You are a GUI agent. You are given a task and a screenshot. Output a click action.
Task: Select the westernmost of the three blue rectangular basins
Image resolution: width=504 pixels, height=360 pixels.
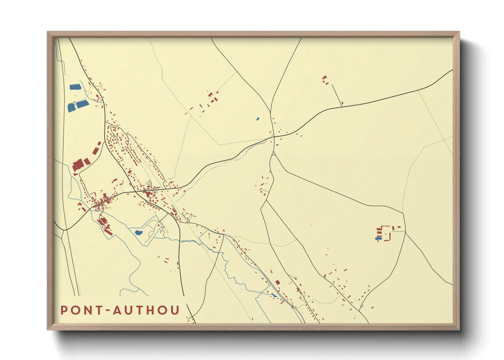point(71,108)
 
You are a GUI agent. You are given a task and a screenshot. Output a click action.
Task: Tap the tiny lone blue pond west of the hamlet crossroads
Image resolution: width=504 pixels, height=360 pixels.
point(257,119)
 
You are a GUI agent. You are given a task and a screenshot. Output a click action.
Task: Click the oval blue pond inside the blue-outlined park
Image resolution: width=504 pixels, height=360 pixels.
point(138,233)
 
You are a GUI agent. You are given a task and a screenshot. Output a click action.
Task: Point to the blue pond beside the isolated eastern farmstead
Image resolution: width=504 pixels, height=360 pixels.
point(377,239)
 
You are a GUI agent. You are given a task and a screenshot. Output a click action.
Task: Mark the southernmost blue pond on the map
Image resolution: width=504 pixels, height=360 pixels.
point(274,295)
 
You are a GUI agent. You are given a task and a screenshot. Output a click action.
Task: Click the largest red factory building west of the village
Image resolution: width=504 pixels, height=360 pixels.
point(78,165)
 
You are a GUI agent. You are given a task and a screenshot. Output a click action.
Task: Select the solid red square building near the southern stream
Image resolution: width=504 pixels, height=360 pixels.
point(278,282)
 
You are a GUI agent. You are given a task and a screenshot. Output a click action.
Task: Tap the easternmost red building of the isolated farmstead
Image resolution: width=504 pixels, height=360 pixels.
point(399,227)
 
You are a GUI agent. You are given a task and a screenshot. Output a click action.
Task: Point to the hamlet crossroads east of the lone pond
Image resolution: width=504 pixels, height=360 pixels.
point(273,136)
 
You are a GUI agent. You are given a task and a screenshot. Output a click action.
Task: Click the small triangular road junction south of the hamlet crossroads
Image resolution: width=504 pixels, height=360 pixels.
point(273,154)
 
